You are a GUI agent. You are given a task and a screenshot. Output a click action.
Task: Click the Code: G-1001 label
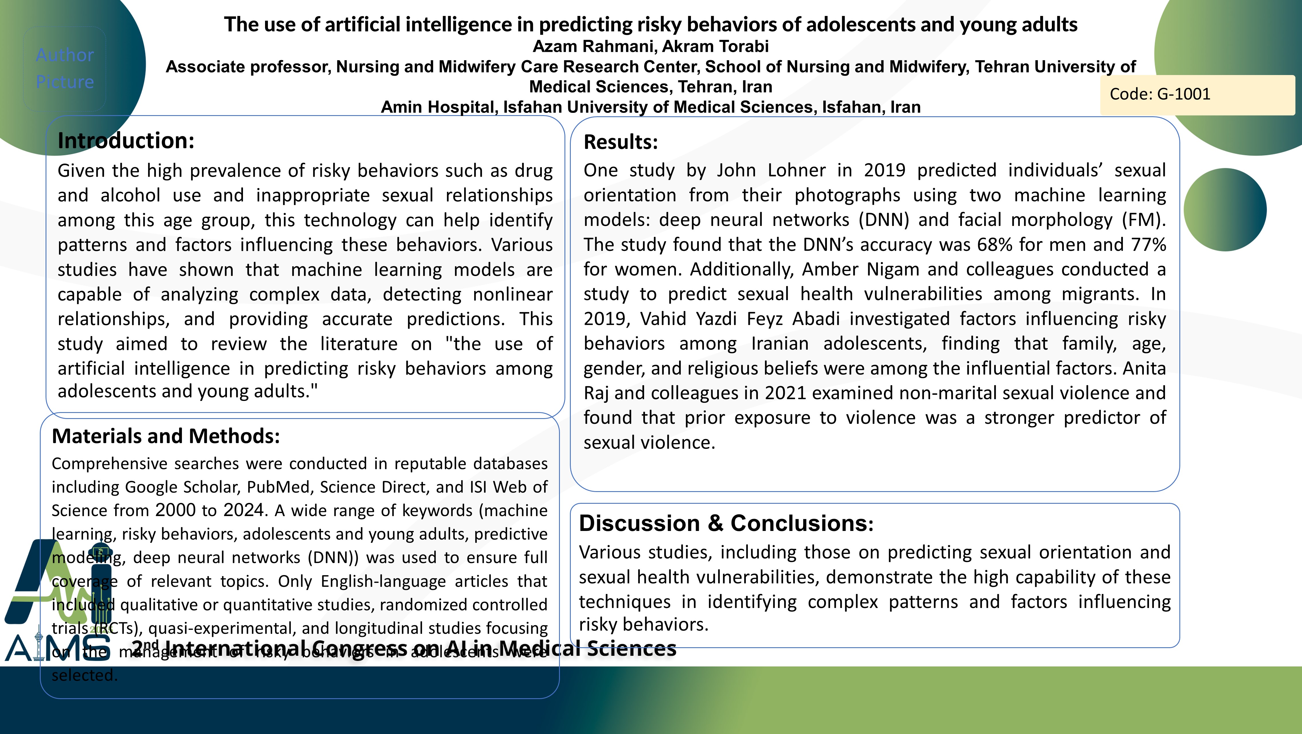click(x=1160, y=95)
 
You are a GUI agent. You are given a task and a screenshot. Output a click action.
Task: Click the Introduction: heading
click(x=126, y=140)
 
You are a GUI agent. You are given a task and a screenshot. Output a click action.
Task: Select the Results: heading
click(x=621, y=142)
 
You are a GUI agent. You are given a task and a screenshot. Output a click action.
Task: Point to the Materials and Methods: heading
click(x=166, y=436)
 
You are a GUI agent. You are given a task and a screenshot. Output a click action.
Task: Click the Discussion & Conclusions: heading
click(x=726, y=523)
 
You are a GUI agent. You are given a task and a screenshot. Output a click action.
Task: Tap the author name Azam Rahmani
click(x=594, y=46)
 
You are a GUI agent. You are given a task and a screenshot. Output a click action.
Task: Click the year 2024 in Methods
click(x=244, y=510)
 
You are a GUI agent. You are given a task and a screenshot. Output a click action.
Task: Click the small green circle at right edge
click(x=1225, y=210)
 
